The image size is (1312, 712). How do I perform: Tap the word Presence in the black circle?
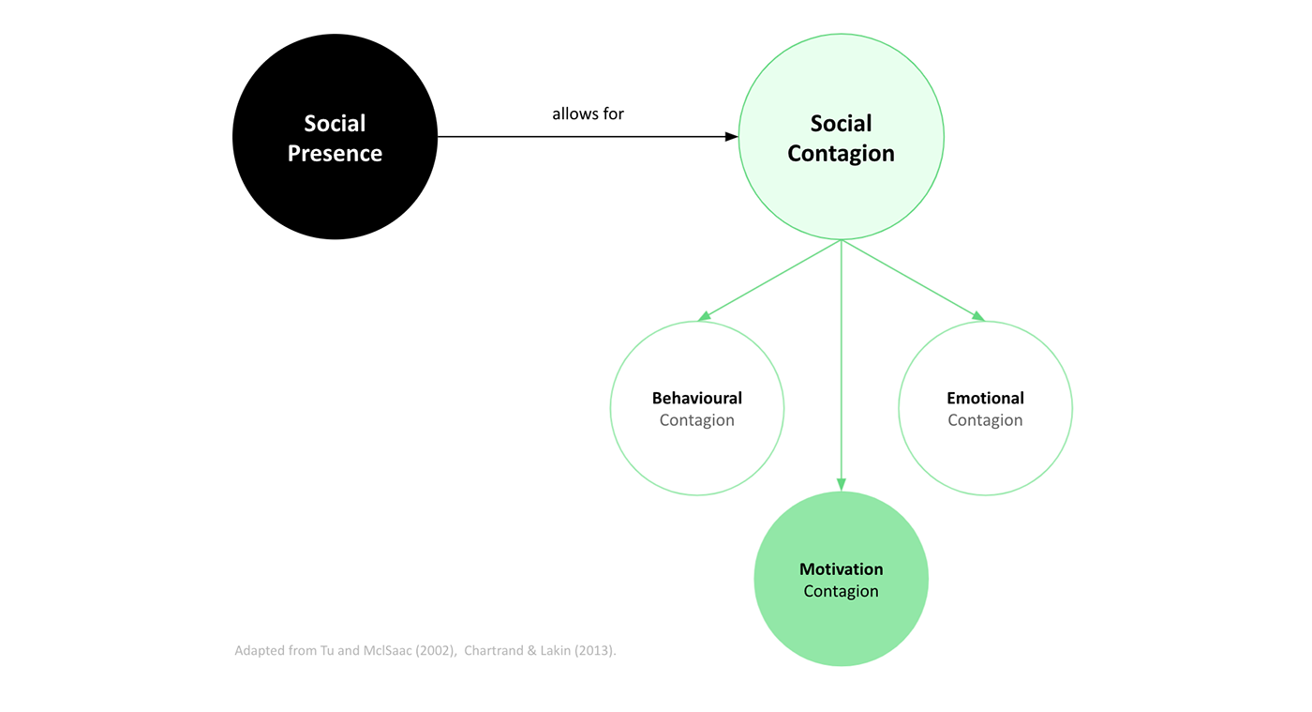pyautogui.click(x=335, y=154)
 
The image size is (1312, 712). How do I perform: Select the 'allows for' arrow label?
pyautogui.click(x=588, y=114)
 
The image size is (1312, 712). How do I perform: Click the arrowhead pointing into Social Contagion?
pyautogui.click(x=732, y=137)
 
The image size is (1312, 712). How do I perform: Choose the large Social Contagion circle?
pyautogui.click(x=841, y=197)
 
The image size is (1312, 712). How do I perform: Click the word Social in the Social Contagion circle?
pyautogui.click(x=841, y=124)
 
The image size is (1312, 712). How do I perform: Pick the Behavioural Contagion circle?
pyautogui.click(x=696, y=460)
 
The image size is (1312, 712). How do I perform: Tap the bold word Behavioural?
pyautogui.click(x=696, y=398)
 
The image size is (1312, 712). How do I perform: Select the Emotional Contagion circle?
pyautogui.click(x=985, y=460)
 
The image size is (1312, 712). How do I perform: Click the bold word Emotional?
pyautogui.click(x=985, y=398)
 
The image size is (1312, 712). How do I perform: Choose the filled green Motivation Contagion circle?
pyautogui.click(x=841, y=629)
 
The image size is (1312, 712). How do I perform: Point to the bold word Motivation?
pyautogui.click(x=841, y=569)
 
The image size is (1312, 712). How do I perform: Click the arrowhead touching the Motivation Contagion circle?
pyautogui.click(x=841, y=485)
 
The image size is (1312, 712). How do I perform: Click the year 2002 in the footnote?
pyautogui.click(x=427, y=651)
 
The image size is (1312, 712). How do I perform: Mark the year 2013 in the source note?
pyautogui.click(x=592, y=651)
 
